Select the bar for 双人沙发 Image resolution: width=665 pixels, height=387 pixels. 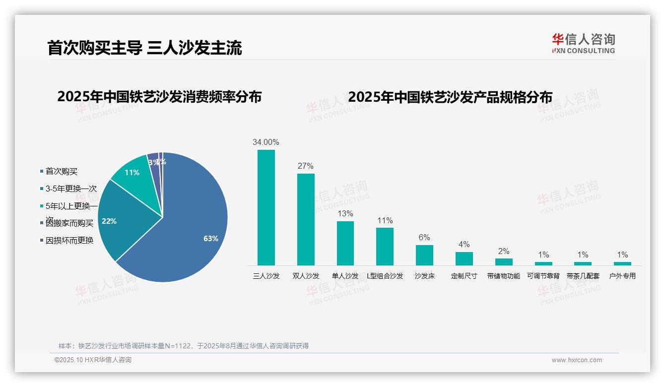point(306,219)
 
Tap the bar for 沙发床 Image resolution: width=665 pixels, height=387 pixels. point(424,255)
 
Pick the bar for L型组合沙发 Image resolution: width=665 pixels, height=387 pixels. point(385,246)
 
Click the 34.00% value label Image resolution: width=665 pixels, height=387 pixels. point(266,142)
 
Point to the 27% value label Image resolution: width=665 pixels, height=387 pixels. point(306,166)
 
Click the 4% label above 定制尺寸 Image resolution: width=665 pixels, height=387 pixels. point(464,245)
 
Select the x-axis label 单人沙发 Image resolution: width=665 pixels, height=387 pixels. point(345,276)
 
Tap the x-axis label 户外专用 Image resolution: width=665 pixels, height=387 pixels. point(622,276)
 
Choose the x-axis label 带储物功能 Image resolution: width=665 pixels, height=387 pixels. point(504,276)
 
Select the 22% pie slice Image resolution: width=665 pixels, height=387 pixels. point(119,218)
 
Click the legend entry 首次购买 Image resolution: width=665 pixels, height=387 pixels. point(62,172)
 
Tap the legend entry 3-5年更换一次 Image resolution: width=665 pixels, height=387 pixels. point(71,189)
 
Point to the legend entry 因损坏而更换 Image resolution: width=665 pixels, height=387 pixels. point(69,241)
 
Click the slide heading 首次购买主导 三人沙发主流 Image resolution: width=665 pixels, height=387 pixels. point(144,48)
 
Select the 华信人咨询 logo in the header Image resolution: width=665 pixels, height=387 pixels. point(583,43)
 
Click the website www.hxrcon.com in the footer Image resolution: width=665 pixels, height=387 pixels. point(576,360)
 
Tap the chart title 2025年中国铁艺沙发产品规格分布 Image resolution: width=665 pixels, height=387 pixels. point(450,97)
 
